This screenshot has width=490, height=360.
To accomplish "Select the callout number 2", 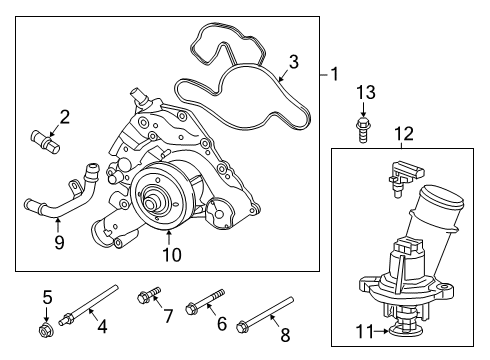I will tap(64, 118).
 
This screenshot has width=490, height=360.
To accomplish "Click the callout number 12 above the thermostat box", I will tap(402, 132).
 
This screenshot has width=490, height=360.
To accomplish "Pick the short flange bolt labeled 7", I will tap(146, 295).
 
